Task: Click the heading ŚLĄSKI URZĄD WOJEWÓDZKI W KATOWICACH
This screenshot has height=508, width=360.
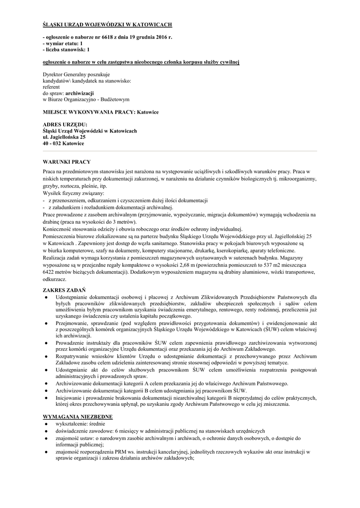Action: (107, 24)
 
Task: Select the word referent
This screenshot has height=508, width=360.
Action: (51, 86)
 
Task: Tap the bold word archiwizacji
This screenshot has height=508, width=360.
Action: (80, 93)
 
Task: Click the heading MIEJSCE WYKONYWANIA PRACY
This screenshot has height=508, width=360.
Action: (89, 112)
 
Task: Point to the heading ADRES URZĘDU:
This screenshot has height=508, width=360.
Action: (65, 125)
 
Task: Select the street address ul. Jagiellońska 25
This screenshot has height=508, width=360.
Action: (64, 137)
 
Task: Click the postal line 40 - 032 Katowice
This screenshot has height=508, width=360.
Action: (64, 143)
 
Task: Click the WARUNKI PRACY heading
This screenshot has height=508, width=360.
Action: (67, 162)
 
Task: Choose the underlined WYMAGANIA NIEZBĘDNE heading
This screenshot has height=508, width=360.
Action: (77, 417)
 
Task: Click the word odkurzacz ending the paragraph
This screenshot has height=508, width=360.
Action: (55, 279)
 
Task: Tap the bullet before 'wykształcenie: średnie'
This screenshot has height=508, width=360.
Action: (46, 424)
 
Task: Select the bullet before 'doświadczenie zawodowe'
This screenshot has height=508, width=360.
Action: (46, 431)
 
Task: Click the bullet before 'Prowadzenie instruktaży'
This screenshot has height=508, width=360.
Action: (46, 342)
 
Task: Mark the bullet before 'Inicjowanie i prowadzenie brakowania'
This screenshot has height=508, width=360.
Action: (46, 397)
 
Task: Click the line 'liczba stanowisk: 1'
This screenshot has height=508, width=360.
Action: (66, 50)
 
